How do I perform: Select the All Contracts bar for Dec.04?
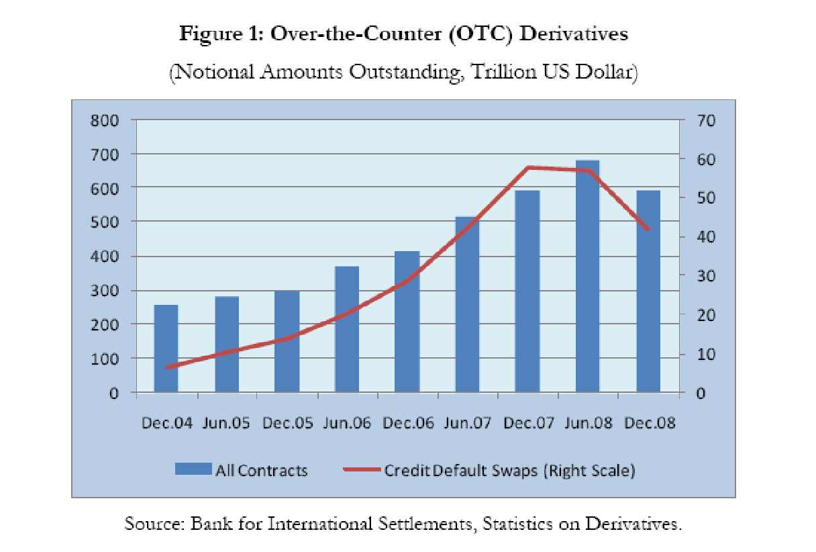tap(166, 349)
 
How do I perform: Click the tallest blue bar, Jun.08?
tap(587, 276)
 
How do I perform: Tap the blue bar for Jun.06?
tap(347, 329)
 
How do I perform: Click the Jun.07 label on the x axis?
tap(468, 424)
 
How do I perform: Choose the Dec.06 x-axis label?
tap(407, 424)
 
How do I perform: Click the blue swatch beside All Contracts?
tap(193, 469)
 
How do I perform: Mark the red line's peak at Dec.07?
tap(528, 167)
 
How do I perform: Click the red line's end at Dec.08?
tap(648, 230)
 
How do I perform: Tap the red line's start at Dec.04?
tap(166, 367)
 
